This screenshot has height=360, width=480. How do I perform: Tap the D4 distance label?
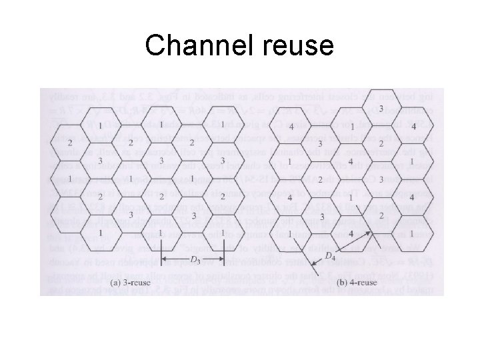[x=329, y=255]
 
